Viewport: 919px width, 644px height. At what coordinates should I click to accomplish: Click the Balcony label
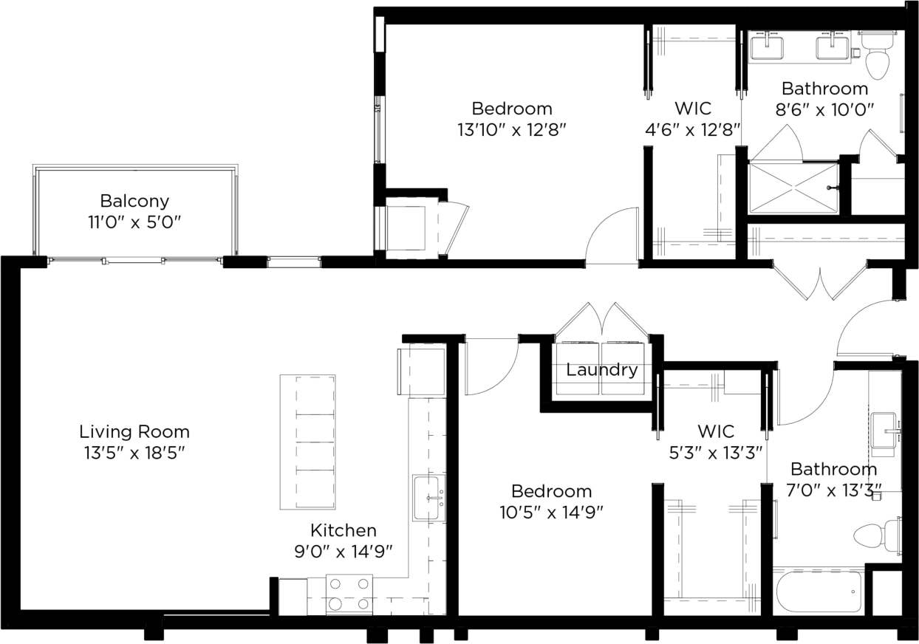coord(134,201)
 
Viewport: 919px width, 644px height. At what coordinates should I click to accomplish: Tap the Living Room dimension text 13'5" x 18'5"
coord(134,453)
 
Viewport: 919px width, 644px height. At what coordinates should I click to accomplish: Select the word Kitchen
coord(343,530)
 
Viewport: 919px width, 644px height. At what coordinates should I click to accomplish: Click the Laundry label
coord(601,370)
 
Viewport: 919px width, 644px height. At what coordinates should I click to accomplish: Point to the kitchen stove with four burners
coord(349,594)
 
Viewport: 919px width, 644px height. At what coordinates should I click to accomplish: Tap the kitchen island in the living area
coord(307,442)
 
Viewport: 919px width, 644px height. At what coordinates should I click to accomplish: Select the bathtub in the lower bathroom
coord(819,592)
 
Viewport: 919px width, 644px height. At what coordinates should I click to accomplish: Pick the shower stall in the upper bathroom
coord(793,188)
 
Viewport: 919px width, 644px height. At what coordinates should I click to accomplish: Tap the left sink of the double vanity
coord(767,47)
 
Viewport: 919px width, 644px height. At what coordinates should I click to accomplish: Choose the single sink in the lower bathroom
coord(885,429)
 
